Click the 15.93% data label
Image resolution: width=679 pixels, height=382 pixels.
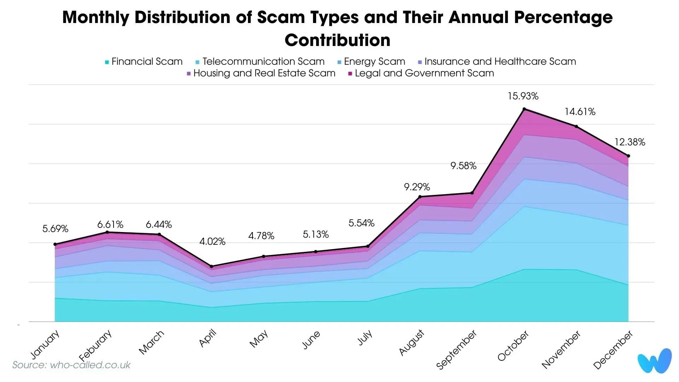click(523, 96)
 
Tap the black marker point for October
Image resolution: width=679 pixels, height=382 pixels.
click(524, 109)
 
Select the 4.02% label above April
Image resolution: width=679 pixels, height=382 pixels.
click(212, 242)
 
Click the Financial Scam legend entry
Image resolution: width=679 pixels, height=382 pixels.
click(144, 62)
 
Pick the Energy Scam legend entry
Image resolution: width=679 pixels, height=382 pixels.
click(371, 62)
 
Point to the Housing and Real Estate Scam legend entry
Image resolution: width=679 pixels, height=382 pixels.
click(261, 73)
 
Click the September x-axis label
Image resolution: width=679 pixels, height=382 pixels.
click(456, 349)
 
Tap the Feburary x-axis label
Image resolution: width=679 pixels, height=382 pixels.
click(95, 345)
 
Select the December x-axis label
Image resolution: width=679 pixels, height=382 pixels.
click(613, 349)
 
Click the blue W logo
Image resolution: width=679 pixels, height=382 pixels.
click(654, 361)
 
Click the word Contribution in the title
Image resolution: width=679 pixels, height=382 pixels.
click(337, 40)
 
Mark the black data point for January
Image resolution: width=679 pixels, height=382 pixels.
click(55, 244)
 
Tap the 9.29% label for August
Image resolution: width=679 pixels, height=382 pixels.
click(417, 187)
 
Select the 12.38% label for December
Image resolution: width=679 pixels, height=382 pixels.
click(629, 142)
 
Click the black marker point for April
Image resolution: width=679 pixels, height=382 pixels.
click(211, 266)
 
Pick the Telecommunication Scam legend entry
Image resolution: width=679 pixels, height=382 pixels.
click(260, 62)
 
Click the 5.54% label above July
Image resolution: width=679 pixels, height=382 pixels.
click(361, 223)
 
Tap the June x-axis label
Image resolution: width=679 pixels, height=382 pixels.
click(311, 340)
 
